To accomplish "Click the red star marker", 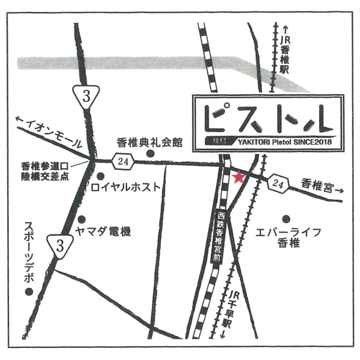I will pos(239,177).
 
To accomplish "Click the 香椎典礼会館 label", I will pos(149,143).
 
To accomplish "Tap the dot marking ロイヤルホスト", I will pos(100,176).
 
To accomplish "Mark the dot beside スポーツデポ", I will pos(28,292).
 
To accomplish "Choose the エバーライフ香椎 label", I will pos(289,237).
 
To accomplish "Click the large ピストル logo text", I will pos(267,118).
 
